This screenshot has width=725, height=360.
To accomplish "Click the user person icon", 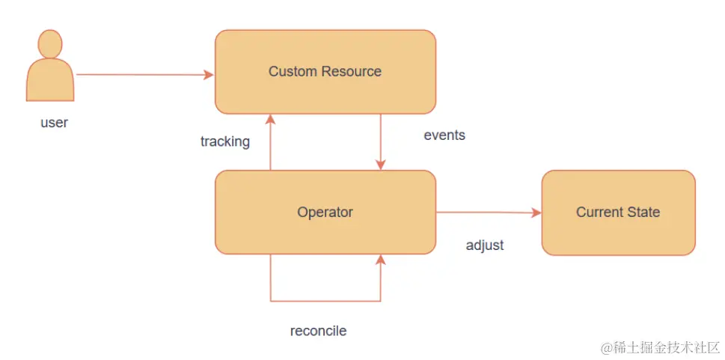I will coord(50,71).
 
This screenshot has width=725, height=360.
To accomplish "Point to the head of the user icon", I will coord(50,44).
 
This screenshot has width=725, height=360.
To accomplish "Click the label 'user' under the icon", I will coord(54,123).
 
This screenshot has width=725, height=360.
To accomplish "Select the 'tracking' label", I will coord(224,141).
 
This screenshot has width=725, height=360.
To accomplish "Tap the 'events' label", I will coord(444,135).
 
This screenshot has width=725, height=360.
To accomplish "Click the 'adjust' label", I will coord(485,245).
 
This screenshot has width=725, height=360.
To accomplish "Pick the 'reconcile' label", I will coord(318,331).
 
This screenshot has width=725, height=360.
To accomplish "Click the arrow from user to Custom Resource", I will coord(142,75).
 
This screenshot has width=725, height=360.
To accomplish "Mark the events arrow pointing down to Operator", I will coord(381,142).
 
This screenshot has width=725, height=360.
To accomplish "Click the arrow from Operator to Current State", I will coord(486,213).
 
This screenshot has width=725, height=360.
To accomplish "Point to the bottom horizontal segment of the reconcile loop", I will coord(325,302).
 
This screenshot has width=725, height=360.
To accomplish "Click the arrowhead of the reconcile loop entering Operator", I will coord(381,260).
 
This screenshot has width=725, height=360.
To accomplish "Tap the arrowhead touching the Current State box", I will coord(536,213).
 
